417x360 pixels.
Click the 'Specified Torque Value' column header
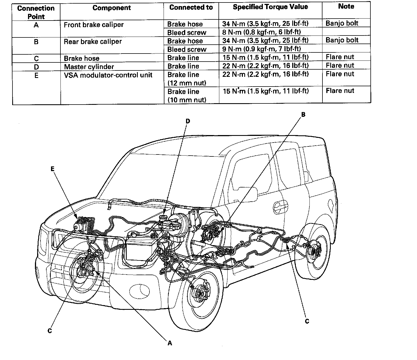270,7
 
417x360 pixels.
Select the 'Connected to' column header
191,7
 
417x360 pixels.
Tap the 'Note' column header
346,6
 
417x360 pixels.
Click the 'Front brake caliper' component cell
94,25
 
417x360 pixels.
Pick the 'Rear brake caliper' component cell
93,42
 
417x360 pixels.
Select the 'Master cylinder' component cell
89,67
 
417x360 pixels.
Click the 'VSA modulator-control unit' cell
108,75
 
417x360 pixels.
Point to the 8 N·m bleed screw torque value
261,32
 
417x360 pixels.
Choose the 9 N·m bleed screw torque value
261,49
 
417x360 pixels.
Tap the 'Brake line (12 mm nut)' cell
187,79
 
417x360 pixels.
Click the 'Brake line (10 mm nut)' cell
187,96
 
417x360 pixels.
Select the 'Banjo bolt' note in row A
342,23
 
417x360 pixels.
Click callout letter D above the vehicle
188,121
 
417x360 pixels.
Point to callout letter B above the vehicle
303,114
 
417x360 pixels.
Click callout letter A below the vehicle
170,343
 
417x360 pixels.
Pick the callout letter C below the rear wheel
307,321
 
